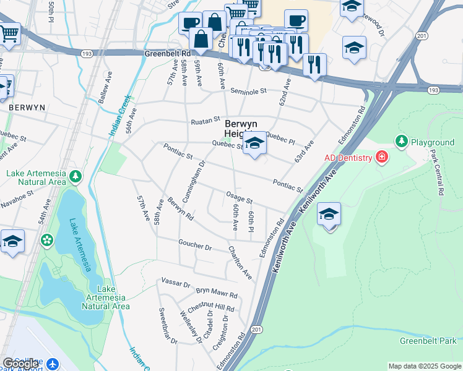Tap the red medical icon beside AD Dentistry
pyautogui.click(x=382, y=158)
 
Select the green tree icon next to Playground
pyautogui.click(x=402, y=142)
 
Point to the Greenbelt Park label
pyautogui.click(x=428, y=341)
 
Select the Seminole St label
pyautogui.click(x=248, y=91)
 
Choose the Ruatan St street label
pyautogui.click(x=205, y=119)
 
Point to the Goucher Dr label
pyautogui.click(x=195, y=245)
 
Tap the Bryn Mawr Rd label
pyautogui.click(x=217, y=292)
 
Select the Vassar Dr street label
pyautogui.click(x=176, y=283)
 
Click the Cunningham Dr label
pyautogui.click(x=192, y=176)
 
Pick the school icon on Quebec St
pyautogui.click(x=254, y=144)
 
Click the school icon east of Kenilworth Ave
pyautogui.click(x=329, y=215)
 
